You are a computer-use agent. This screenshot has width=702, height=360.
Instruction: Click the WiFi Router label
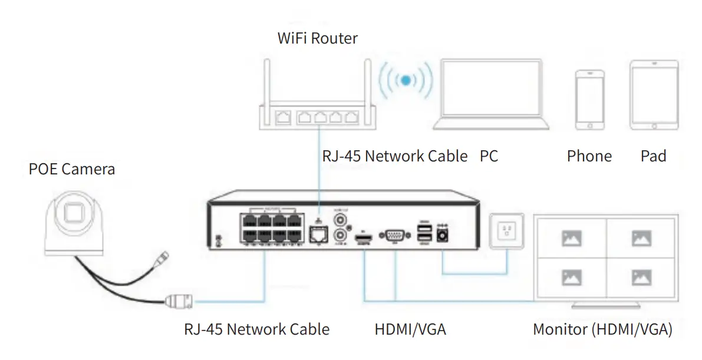pyautogui.click(x=317, y=39)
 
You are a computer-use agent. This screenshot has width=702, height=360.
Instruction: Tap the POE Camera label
pyautogui.click(x=72, y=170)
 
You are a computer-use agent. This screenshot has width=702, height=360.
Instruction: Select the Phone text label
pyautogui.click(x=589, y=156)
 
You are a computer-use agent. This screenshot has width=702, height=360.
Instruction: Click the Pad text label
pyautogui.click(x=653, y=156)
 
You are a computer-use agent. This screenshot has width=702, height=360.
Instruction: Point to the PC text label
pyautogui.click(x=489, y=156)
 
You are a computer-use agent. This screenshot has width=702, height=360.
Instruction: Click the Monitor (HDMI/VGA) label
pyautogui.click(x=602, y=329)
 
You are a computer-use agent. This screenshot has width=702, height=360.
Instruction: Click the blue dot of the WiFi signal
pyautogui.click(x=405, y=80)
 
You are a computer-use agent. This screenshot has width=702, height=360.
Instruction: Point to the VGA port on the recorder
pyautogui.click(x=394, y=236)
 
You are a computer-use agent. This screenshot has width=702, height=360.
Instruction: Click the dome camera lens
pyautogui.click(x=74, y=212)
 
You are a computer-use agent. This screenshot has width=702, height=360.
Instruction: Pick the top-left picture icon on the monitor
pyautogui.click(x=572, y=239)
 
